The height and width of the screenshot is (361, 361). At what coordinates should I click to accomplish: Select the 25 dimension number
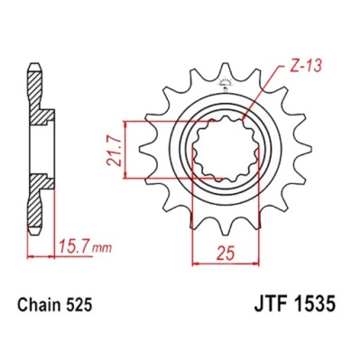(225, 255)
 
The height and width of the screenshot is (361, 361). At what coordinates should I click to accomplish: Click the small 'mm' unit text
(102, 249)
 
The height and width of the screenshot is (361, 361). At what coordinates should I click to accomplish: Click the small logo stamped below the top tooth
(225, 83)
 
